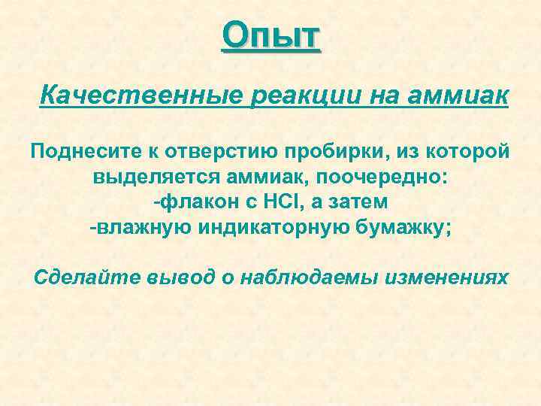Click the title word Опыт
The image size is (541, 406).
(271, 35)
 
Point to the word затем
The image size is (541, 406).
(359, 204)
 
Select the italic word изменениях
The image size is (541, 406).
(447, 277)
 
